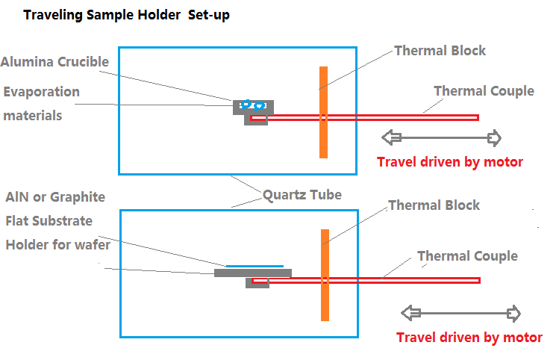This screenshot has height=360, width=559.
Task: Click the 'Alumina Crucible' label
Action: [x=55, y=62]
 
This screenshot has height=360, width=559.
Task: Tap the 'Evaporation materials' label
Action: [x=41, y=103]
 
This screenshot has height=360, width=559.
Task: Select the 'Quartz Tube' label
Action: [x=302, y=195]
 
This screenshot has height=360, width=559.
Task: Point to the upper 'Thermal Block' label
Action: [x=440, y=51]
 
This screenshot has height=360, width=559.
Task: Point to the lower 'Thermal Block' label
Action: [x=434, y=205]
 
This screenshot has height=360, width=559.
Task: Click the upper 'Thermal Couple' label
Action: [x=484, y=91]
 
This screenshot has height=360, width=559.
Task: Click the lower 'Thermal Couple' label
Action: [x=467, y=256]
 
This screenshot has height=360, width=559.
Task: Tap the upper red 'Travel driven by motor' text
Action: [x=449, y=161]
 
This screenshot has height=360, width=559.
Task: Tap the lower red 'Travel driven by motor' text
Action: [x=469, y=338]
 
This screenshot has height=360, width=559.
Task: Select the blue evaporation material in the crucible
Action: [x=252, y=105]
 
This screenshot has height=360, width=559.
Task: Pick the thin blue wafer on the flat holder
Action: [x=254, y=265]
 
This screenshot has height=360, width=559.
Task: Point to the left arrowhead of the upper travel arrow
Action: [x=390, y=137]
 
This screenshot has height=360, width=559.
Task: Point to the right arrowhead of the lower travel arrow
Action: [x=513, y=312]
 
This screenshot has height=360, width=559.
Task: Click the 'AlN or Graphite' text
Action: [x=54, y=197]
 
